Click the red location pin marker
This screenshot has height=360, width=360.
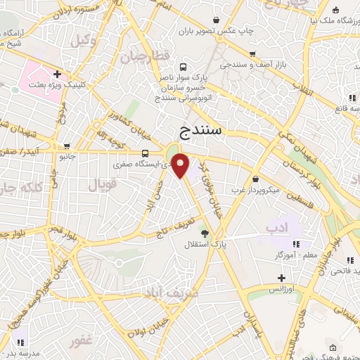point(181,166)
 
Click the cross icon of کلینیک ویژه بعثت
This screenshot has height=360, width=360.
point(56,74)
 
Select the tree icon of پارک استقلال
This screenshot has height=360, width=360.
point(205,232)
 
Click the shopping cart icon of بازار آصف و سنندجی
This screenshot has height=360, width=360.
point(252,53)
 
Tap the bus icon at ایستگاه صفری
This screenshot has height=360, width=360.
point(145,153)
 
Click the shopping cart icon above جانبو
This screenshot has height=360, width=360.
point(67,146)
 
